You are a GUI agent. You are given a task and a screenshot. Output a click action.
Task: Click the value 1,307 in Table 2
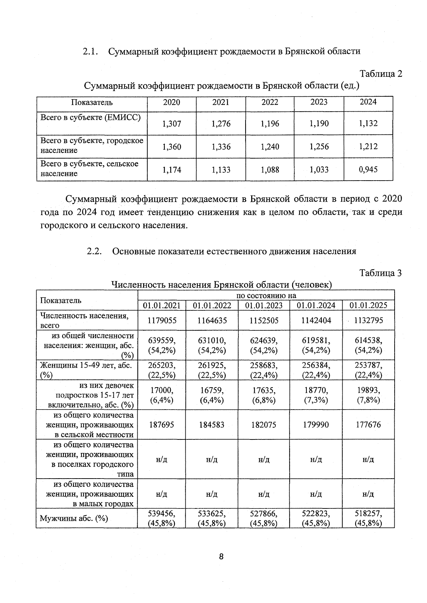click(172, 124)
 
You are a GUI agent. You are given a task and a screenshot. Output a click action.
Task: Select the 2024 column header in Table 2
click(368, 102)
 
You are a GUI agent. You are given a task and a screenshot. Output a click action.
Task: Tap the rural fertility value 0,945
click(368, 170)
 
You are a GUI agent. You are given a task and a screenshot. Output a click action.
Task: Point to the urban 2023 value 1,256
click(319, 146)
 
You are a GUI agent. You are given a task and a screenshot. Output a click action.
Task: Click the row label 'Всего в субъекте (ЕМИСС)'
click(90, 118)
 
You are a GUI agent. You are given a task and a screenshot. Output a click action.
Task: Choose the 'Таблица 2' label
click(381, 74)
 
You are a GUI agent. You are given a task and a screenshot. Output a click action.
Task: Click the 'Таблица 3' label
click(380, 273)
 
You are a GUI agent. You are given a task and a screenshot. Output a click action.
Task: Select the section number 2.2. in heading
click(94, 251)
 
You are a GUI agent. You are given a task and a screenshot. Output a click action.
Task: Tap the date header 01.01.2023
click(264, 305)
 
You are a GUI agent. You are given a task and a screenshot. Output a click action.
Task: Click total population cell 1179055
click(162, 320)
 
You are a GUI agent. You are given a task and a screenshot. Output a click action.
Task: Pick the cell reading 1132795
click(368, 320)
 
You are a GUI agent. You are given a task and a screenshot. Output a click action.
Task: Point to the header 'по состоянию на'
click(266, 295)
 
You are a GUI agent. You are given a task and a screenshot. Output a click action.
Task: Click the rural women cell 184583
click(212, 425)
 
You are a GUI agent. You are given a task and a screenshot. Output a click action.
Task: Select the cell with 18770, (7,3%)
click(316, 395)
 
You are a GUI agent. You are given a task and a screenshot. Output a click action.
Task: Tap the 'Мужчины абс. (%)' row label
click(74, 518)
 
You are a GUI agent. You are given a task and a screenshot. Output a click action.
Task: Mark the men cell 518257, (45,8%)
click(368, 518)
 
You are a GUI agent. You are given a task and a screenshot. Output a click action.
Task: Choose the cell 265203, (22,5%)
click(162, 370)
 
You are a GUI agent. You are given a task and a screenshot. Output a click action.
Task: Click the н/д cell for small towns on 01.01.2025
click(368, 494)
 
